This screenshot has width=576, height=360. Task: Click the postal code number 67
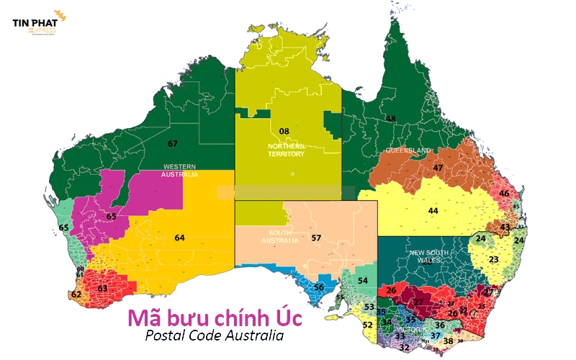172,143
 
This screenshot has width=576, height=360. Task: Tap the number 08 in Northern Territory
284,131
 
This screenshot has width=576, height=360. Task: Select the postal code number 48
391,119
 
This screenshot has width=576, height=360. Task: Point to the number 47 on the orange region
438,168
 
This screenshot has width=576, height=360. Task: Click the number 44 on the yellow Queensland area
433,211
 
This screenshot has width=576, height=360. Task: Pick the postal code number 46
504,194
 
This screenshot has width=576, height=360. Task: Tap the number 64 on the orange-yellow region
179,238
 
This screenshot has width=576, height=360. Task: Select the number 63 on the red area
102,289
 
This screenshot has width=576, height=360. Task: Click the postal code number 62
76,294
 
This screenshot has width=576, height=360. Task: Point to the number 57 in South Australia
315,238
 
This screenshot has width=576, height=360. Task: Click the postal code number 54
363,280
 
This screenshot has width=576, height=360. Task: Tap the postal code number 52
367,325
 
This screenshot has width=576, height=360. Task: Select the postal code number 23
493,259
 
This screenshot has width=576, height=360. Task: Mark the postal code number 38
448,341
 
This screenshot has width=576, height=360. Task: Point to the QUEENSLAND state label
408,150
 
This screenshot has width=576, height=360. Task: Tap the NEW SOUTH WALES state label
431,257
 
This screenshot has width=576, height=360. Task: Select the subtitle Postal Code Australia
214,336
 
